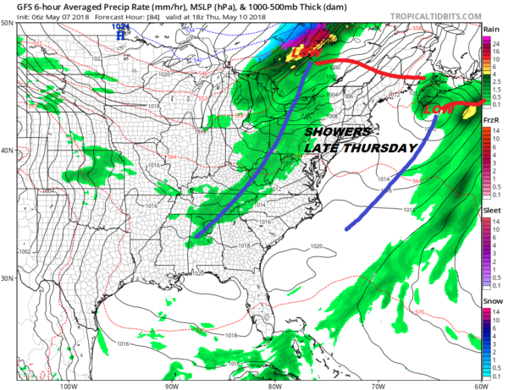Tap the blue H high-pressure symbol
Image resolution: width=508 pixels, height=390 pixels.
122,36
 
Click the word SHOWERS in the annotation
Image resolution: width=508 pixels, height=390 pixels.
338,133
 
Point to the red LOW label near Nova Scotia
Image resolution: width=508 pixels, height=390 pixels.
437,110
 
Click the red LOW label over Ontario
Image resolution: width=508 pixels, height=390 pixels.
301,53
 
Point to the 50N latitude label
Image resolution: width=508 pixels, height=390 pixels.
8,24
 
